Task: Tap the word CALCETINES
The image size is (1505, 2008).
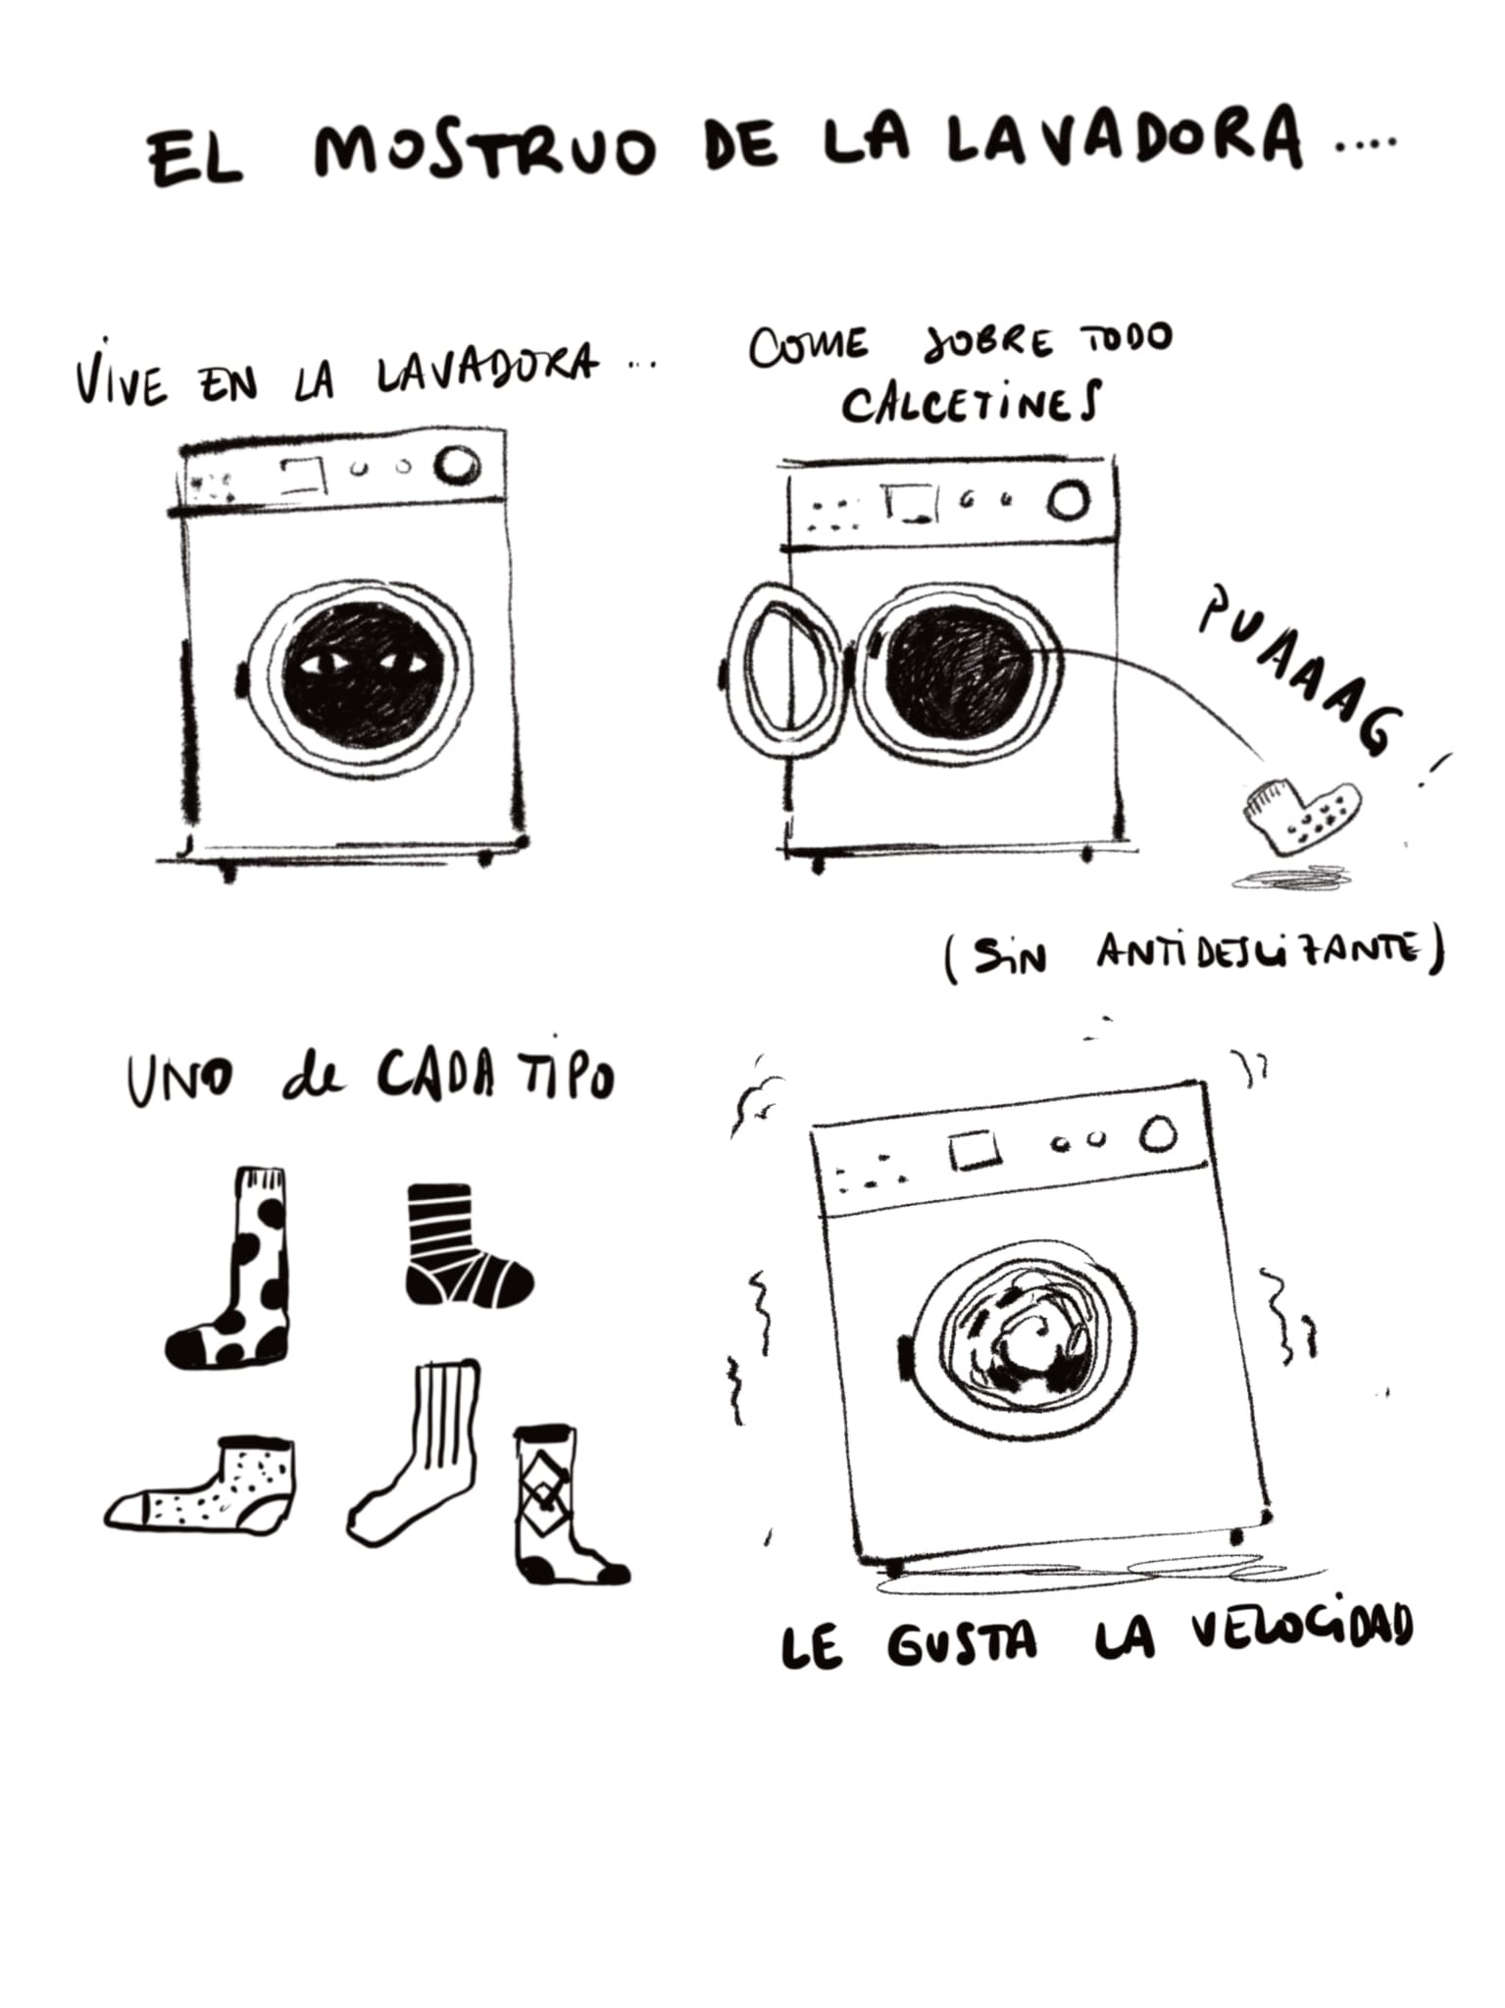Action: [x=972, y=403]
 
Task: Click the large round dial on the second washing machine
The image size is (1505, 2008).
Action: [x=1069, y=500]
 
